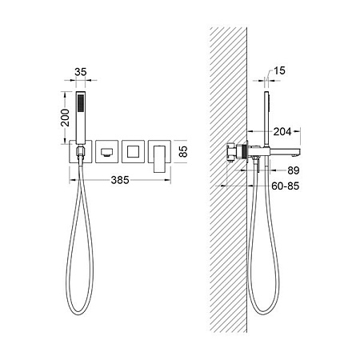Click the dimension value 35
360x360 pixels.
coord(81,72)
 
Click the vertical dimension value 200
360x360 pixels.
coord(65,118)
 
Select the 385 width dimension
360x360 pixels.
coord(120,180)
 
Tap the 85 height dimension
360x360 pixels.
coord(183,151)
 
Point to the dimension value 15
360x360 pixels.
coord(279,70)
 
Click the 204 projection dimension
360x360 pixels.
coord(282,131)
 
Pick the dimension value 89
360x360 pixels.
coord(294,170)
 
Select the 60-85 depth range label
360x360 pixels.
coord(286,186)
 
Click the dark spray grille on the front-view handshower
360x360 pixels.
coord(81,103)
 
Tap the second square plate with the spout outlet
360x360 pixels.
coord(106,151)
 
